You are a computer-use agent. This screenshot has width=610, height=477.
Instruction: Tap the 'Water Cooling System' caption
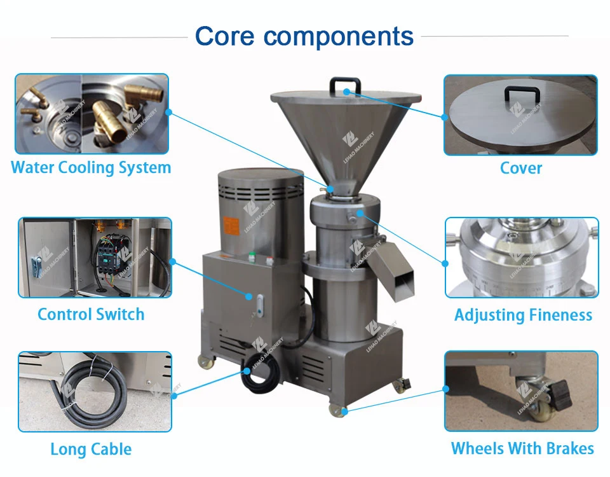[91, 168]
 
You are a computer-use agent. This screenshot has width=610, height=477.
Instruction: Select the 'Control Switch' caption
[91, 314]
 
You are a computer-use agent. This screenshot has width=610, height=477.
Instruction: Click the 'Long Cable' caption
[91, 449]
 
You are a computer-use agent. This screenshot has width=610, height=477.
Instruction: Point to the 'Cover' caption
[521, 169]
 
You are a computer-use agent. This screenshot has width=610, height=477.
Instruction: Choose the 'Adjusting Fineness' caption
[523, 315]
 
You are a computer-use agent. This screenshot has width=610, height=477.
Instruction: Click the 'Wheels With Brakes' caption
[522, 448]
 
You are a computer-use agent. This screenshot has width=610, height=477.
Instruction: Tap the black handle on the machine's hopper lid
[345, 86]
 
